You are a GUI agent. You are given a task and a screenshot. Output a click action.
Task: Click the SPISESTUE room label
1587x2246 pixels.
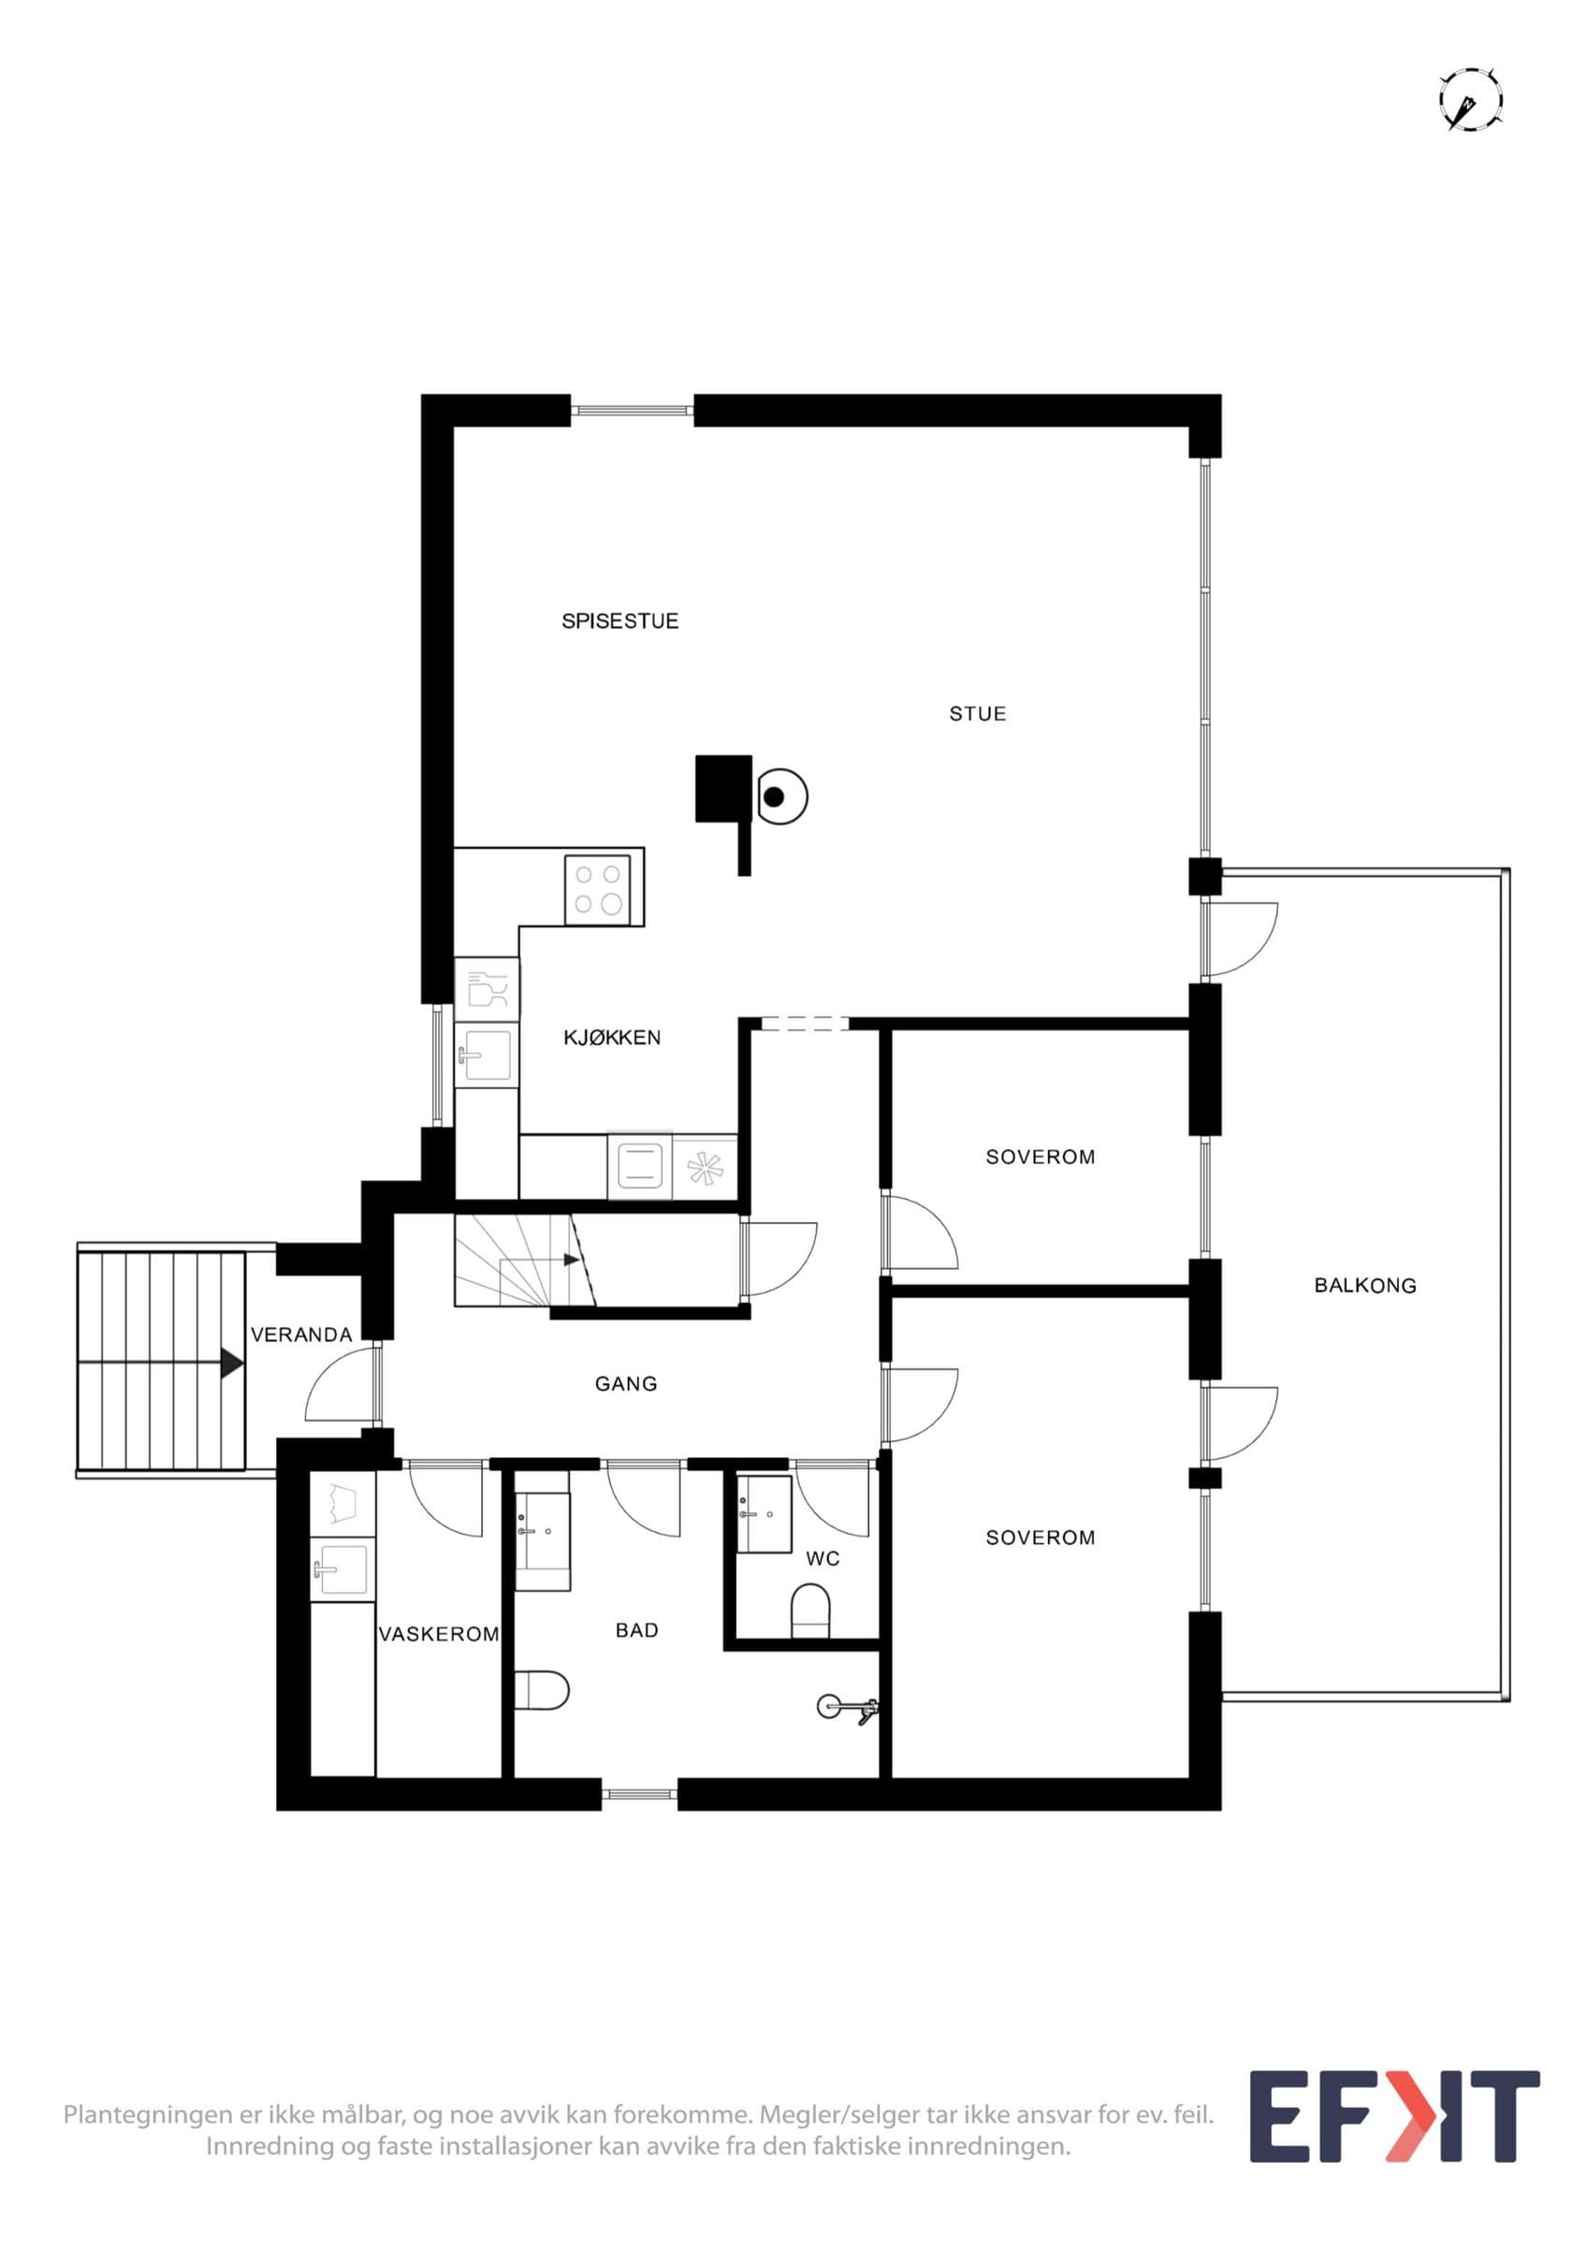(x=620, y=621)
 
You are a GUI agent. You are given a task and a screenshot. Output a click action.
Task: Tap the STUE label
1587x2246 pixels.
(x=978, y=714)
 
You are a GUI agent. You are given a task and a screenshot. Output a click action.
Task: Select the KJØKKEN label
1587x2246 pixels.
(x=612, y=1038)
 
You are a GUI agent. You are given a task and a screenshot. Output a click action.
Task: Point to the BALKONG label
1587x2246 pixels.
(x=1365, y=1286)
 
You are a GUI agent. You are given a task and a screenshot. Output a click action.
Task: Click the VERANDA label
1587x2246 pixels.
(x=301, y=1334)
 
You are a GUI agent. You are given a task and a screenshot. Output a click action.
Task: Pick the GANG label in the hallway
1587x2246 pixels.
(x=626, y=1383)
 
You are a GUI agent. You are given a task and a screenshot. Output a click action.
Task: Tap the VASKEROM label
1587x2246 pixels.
(x=439, y=1634)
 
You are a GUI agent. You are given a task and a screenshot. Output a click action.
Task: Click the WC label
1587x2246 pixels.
(x=823, y=1558)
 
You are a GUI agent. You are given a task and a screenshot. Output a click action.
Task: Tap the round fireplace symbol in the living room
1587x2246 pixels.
(x=779, y=797)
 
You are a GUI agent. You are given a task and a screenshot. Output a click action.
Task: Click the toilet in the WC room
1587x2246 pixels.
(x=809, y=1611)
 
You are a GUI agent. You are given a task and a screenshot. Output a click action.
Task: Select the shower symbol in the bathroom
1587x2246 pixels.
(x=847, y=1708)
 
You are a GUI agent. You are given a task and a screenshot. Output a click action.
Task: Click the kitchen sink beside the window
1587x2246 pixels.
(x=484, y=1056)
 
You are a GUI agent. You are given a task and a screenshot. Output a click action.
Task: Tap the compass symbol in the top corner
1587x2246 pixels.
(x=1471, y=100)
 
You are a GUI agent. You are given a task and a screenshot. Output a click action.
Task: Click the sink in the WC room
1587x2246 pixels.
(x=764, y=1514)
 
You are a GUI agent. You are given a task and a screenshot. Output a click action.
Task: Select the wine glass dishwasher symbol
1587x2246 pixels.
(x=487, y=989)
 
